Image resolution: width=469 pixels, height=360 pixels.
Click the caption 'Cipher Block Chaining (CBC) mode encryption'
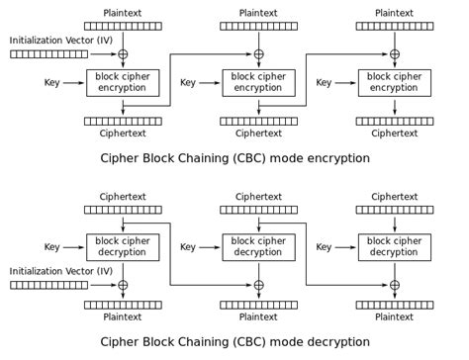click(234, 158)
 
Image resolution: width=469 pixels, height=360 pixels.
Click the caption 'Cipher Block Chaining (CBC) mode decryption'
click(234, 342)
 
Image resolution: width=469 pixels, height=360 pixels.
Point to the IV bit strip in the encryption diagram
click(48, 53)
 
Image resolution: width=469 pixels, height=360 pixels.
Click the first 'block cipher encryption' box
click(123, 82)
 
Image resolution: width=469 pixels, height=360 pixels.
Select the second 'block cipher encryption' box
click(258, 82)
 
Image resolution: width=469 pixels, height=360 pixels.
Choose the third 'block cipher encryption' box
click(394, 82)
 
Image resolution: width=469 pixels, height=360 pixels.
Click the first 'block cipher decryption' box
click(123, 246)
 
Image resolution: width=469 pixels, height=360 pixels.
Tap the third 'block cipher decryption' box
click(394, 246)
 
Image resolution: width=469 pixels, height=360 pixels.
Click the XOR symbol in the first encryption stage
click(123, 53)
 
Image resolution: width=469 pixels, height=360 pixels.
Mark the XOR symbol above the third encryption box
click(394, 53)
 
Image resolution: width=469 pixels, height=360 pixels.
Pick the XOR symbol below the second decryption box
click(258, 285)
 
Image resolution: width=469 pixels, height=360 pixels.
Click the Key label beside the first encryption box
click(52, 82)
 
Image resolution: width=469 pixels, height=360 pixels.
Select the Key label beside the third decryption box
click(324, 246)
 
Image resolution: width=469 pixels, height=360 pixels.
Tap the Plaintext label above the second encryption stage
click(258, 12)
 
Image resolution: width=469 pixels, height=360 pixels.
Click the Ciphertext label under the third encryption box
click(394, 133)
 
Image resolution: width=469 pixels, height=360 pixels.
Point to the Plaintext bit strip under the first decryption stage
click(123, 305)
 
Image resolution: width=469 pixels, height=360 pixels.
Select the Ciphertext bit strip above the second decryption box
click(258, 210)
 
